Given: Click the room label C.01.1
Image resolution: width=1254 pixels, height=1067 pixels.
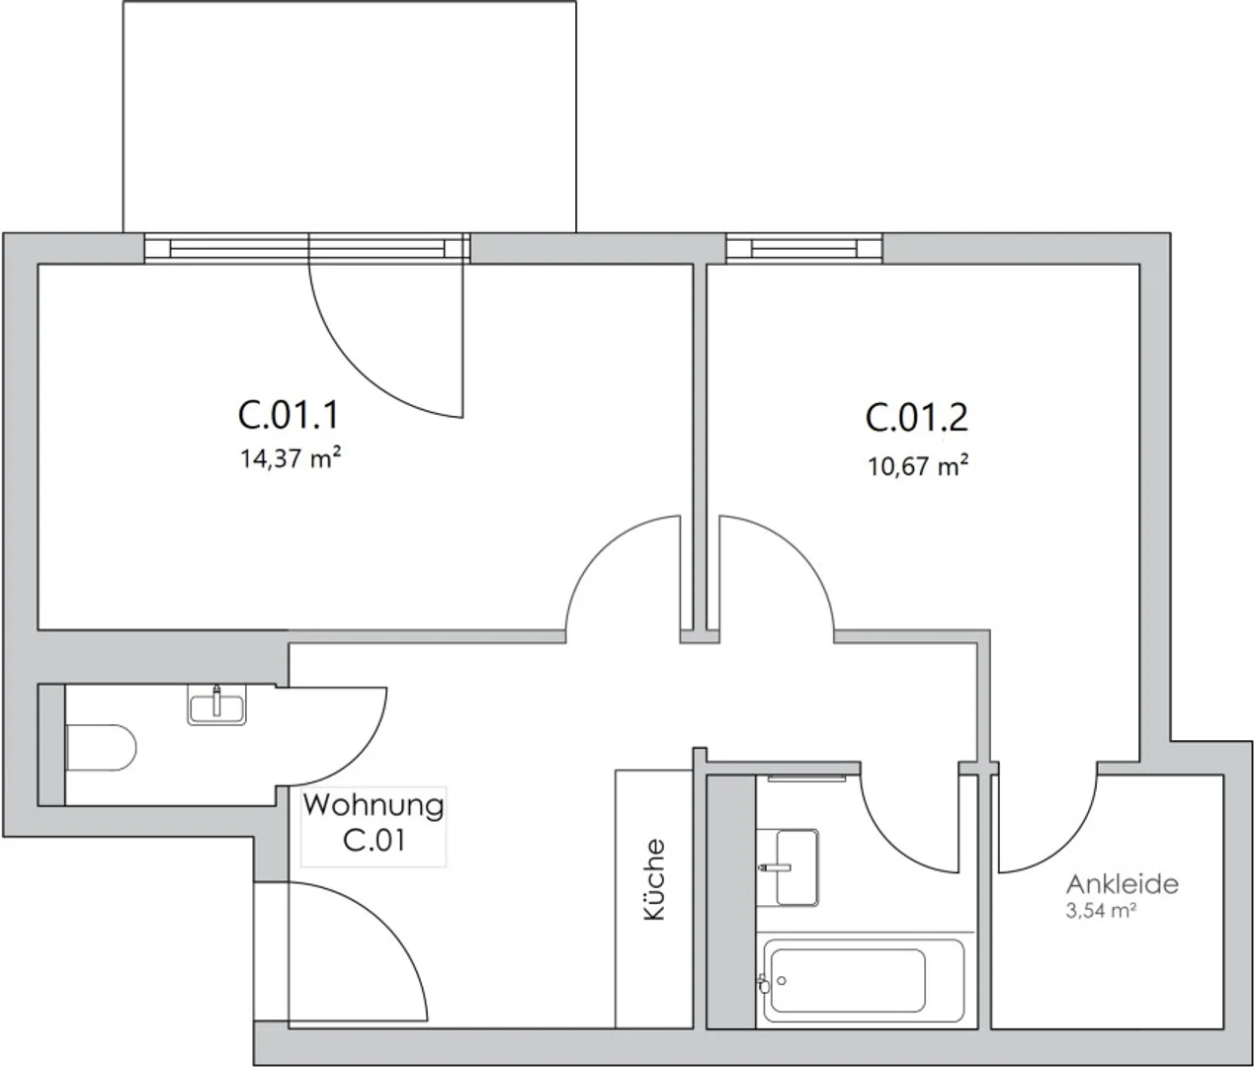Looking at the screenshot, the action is click(289, 416).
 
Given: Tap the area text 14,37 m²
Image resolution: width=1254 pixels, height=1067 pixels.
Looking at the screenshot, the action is click(290, 458).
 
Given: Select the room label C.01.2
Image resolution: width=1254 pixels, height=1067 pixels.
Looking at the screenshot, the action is click(916, 418).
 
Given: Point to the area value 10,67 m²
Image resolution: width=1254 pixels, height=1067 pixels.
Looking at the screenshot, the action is click(917, 466).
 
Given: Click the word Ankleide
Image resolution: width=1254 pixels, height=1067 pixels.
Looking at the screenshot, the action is click(1123, 884).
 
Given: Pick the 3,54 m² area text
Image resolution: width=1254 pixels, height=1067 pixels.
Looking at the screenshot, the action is click(1101, 911).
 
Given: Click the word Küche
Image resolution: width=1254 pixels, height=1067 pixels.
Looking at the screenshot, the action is click(654, 879).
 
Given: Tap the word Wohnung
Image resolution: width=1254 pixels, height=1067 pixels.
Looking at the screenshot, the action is click(374, 805).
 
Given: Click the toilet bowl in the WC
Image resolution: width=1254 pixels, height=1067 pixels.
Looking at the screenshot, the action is click(101, 747).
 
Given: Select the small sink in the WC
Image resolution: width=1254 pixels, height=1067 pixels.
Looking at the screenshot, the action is click(216, 704).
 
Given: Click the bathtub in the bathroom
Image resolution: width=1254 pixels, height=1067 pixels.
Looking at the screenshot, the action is click(864, 981).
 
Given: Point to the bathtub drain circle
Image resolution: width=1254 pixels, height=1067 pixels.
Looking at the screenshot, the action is click(782, 981).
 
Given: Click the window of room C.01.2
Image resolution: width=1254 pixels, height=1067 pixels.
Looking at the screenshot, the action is click(804, 249).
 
